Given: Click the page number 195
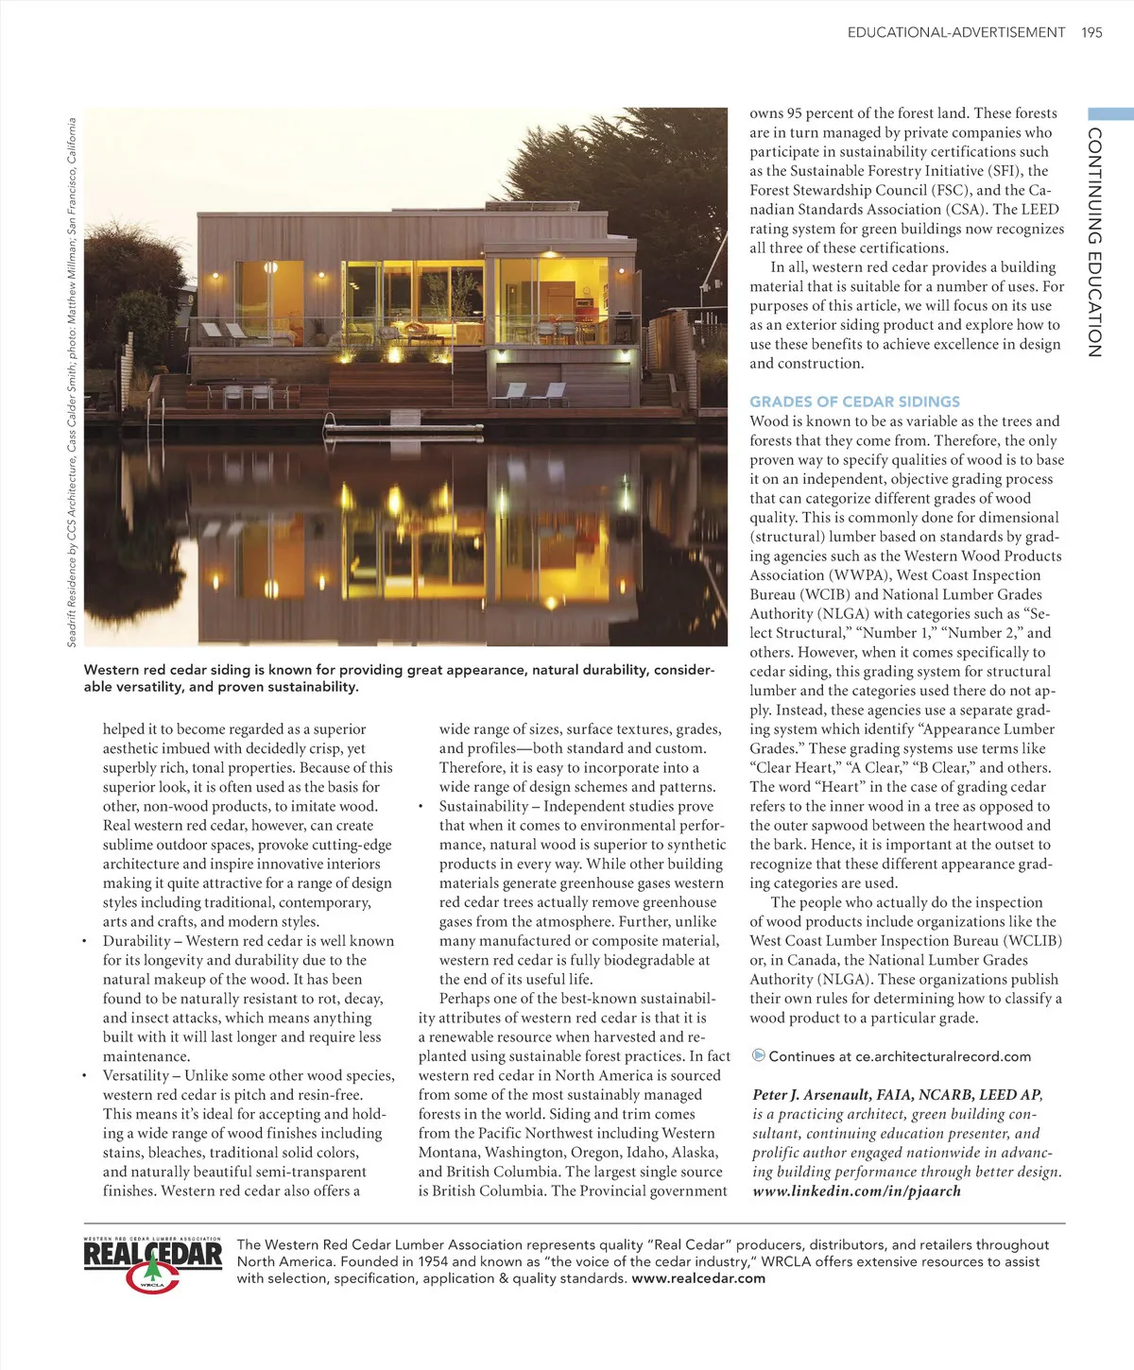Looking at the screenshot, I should click(1091, 32).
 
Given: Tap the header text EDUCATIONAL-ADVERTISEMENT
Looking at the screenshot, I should click(955, 32).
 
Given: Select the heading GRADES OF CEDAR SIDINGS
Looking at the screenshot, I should click(854, 402).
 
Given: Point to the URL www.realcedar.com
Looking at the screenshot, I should click(698, 1278).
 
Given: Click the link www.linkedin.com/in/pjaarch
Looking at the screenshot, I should click(856, 1190).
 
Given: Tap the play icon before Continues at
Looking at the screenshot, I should click(758, 1055).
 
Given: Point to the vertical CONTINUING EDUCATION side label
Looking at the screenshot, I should click(1094, 242).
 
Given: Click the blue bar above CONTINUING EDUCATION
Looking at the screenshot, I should click(1110, 113).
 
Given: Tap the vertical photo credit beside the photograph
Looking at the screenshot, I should click(72, 382).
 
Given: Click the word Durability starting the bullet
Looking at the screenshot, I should click(136, 941).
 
